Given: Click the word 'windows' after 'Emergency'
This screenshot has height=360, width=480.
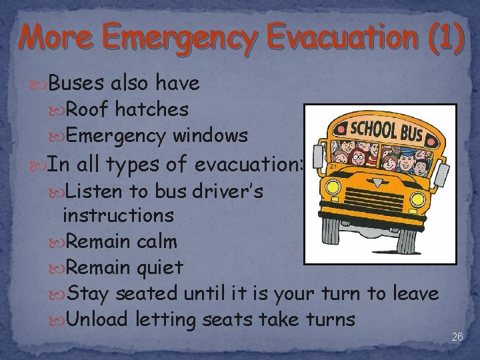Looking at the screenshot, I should pos(210,135).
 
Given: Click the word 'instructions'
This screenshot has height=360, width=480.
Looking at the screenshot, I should pos(118,215).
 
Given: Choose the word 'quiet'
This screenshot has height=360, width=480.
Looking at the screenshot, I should pos(159,267).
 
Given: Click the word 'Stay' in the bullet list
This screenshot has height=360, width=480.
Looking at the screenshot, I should pos(89,293).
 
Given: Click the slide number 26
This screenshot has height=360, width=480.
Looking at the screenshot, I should pos(457,337).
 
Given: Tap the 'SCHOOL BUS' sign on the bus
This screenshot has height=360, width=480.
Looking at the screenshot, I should pos(387,131).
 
